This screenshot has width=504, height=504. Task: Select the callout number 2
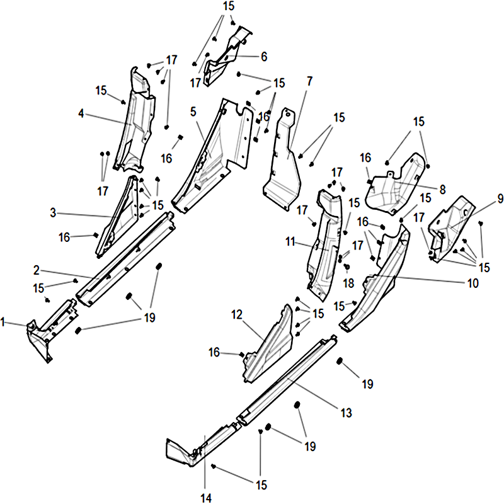[x=37, y=270]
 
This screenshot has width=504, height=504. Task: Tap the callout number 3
[x=54, y=214]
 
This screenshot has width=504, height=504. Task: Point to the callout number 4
[x=81, y=113]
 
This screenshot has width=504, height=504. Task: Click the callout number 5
[x=193, y=112]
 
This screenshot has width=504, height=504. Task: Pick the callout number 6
[x=263, y=57]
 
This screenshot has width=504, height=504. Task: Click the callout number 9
[x=500, y=199]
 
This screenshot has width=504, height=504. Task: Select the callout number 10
[x=472, y=283]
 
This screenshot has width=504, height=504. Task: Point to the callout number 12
[x=237, y=313]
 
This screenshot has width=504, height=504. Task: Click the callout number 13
[x=345, y=413]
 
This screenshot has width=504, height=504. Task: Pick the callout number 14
[x=206, y=498]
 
